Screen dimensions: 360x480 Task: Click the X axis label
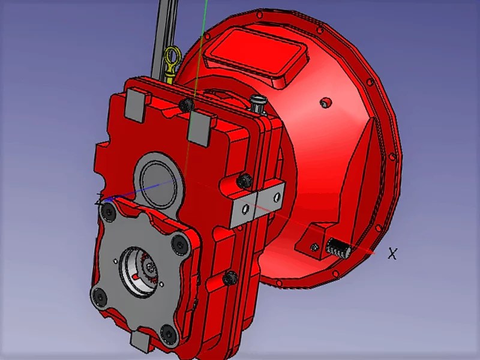pos(392,254)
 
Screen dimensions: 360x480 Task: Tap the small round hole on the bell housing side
pos(325,103)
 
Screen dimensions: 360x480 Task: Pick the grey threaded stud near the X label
pos(337,247)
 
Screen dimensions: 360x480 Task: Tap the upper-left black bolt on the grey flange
pos(109,210)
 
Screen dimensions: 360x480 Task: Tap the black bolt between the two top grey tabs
pos(187,106)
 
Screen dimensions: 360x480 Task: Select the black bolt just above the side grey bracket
pos(244,179)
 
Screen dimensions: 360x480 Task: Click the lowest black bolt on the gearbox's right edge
pos(230,278)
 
